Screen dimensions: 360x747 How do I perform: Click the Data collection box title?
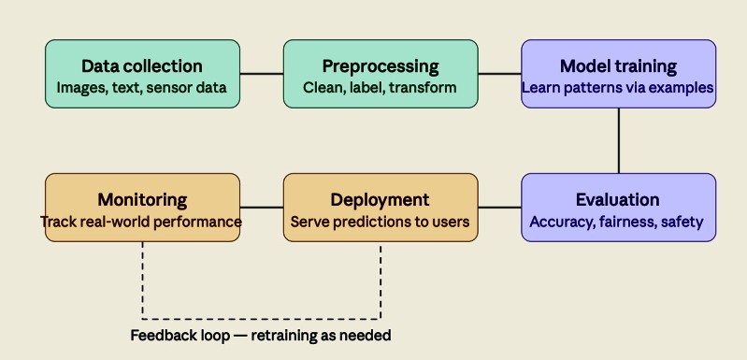pyautogui.click(x=142, y=66)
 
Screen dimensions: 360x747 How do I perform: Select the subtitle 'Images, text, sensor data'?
pyautogui.click(x=142, y=88)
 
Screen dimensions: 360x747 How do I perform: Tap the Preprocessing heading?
pyautogui.click(x=381, y=66)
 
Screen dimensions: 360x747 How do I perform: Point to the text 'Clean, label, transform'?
pyautogui.click(x=381, y=88)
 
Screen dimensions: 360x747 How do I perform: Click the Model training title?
pyautogui.click(x=618, y=66)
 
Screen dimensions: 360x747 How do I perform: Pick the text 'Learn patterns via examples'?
pyautogui.click(x=618, y=88)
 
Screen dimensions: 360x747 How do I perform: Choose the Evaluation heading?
pyautogui.click(x=618, y=200)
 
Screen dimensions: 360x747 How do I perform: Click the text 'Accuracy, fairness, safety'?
pyautogui.click(x=618, y=223)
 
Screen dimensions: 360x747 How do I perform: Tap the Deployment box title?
pyautogui.click(x=381, y=200)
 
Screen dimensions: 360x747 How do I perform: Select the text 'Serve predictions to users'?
pyautogui.click(x=381, y=223)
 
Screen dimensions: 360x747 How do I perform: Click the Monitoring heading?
pyautogui.click(x=142, y=200)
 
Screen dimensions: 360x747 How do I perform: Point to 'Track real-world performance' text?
pyautogui.click(x=142, y=223)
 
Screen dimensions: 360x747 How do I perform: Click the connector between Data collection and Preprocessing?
pyautogui.click(x=262, y=74)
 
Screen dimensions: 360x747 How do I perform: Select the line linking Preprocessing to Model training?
pyautogui.click(x=499, y=74)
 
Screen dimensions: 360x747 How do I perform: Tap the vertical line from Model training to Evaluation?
pyautogui.click(x=618, y=140)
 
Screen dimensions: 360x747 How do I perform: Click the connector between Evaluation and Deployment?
pyautogui.click(x=499, y=208)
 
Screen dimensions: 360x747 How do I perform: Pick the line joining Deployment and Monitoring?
pyautogui.click(x=262, y=208)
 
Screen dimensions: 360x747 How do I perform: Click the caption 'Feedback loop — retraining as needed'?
pyautogui.click(x=261, y=335)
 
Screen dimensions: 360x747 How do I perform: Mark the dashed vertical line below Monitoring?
pyautogui.click(x=142, y=281)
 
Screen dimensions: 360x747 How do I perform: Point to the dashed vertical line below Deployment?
pyautogui.click(x=381, y=281)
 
